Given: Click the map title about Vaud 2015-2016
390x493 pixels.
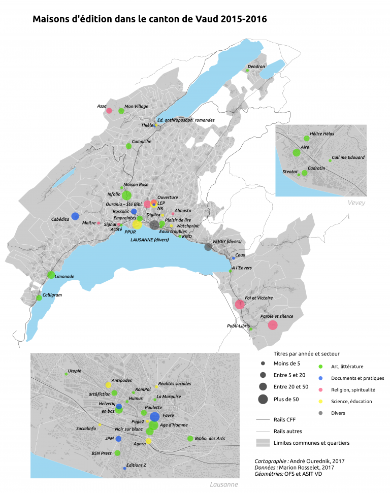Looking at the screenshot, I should (x=149, y=19).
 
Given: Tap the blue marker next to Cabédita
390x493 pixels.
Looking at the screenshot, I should (x=75, y=216).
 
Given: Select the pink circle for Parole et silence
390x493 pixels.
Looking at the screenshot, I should (x=273, y=325).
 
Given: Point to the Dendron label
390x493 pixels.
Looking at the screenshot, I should (x=256, y=67).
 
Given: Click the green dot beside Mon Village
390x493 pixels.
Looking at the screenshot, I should (x=121, y=110).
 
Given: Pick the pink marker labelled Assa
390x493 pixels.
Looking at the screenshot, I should (x=109, y=110).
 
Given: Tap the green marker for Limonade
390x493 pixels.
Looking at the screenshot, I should (x=51, y=275).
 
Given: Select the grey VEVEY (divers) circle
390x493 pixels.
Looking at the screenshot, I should (x=208, y=247).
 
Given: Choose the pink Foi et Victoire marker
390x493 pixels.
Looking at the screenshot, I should (x=240, y=305).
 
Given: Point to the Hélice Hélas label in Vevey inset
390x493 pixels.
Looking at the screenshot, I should (x=321, y=133).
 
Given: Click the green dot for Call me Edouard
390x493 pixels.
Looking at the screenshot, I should (x=330, y=160).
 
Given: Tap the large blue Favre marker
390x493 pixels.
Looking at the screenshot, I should (x=154, y=417).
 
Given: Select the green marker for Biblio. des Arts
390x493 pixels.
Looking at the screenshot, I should (x=190, y=438).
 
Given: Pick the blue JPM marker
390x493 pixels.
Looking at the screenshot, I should (x=118, y=439).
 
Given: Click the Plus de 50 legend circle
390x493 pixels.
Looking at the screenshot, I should (x=263, y=399).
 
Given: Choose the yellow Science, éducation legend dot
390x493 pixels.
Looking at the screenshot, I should (x=320, y=402).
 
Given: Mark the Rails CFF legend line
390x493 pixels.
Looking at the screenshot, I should (x=263, y=420).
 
